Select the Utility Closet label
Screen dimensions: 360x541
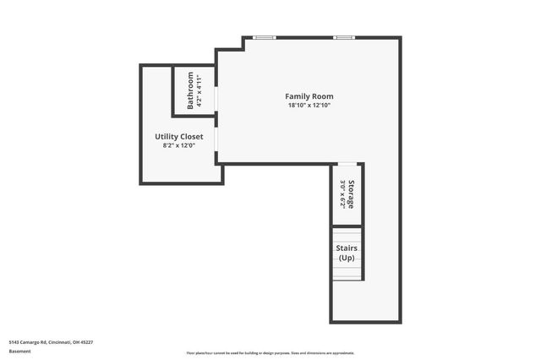[178, 136]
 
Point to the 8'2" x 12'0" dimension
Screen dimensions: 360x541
[178, 145]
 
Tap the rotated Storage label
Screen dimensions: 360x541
[350, 194]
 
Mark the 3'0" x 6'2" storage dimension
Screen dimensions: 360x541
[342, 194]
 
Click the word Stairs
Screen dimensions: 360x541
[347, 248]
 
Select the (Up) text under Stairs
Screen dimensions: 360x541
[347, 257]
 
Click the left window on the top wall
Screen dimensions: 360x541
[265, 37]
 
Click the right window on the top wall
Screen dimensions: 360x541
[343, 37]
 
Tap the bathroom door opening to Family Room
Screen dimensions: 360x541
[216, 98]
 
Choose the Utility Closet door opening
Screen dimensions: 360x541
[216, 139]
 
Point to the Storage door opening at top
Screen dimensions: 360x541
[347, 163]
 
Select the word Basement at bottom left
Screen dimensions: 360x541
[19, 351]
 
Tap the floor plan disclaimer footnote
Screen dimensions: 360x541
[270, 352]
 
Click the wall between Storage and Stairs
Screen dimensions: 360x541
[347, 226]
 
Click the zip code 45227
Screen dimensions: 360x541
[87, 342]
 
